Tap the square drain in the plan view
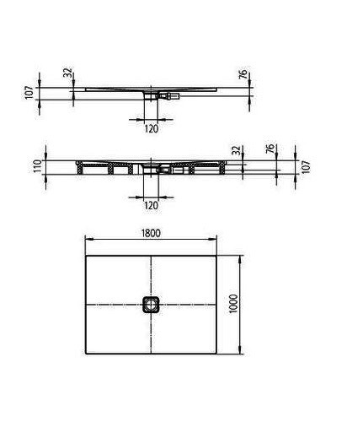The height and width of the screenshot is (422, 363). [152, 305]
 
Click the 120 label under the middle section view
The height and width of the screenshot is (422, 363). [152, 204]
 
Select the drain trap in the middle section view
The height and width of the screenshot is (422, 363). [154, 169]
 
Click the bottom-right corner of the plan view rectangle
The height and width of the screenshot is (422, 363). [217, 354]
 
